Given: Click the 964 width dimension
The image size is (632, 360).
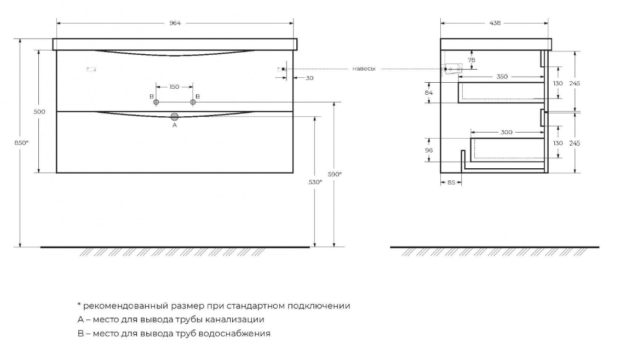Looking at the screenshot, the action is [x=175, y=23].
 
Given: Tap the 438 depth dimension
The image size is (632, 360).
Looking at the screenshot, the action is [x=495, y=23].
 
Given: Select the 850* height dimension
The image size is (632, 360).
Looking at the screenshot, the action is [x=22, y=142].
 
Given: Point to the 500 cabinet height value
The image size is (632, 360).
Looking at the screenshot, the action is [x=39, y=112].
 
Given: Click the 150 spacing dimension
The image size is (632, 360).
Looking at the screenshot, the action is [x=174, y=87].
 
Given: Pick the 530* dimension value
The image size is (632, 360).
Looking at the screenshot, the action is [x=315, y=182].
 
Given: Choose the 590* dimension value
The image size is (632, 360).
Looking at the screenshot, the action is [x=335, y=174].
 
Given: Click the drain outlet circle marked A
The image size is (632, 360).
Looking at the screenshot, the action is [x=175, y=116].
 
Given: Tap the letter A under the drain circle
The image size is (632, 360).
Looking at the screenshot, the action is [x=175, y=125].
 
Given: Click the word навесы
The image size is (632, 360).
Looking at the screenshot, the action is [x=364, y=69].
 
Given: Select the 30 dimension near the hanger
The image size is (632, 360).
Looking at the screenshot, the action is [x=309, y=78].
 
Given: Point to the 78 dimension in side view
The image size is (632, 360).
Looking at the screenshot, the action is [x=471, y=59].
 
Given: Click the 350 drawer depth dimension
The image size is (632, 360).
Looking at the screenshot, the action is [x=502, y=77].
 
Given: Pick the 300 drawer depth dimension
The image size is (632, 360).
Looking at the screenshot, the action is [x=507, y=132].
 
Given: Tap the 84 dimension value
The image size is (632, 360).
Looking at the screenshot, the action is [x=429, y=93].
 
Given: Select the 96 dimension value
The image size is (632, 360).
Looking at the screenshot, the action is [x=429, y=150].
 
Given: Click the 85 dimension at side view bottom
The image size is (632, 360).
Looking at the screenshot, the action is [x=451, y=182].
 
